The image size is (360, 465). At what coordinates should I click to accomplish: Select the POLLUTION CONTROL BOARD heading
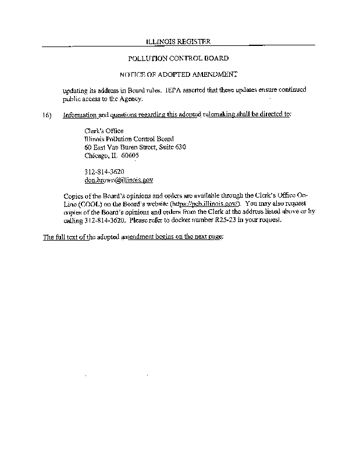point(178,58)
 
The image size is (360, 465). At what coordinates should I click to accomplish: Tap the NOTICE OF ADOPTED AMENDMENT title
point(178,74)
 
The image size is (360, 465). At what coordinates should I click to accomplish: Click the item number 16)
point(48,115)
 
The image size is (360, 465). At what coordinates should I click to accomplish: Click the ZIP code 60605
point(130,156)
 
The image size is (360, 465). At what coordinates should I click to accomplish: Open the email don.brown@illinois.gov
point(119,180)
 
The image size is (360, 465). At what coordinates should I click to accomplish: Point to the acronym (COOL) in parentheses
point(83,204)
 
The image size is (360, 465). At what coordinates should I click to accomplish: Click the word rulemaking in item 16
point(219,115)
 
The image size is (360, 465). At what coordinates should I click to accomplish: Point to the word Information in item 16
point(80,115)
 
